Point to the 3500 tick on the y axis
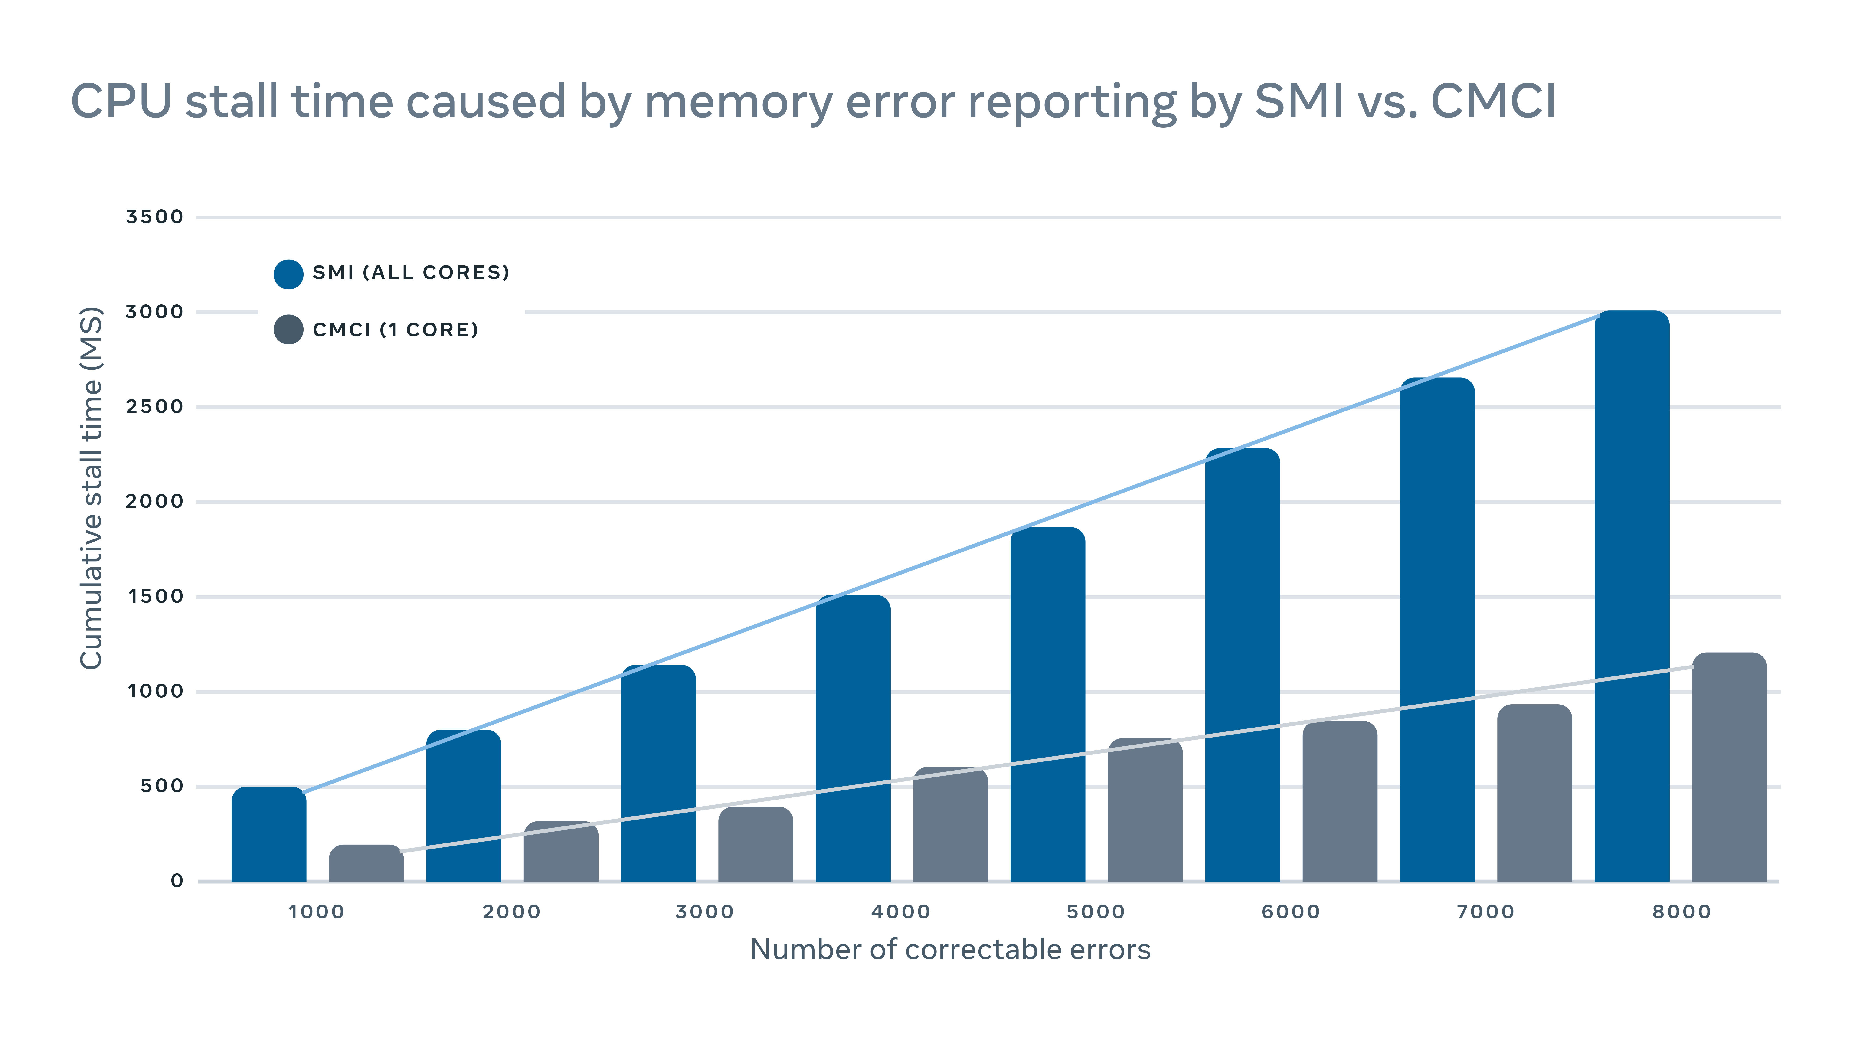point(154,217)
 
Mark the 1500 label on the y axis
point(154,596)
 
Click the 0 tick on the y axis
point(177,881)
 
